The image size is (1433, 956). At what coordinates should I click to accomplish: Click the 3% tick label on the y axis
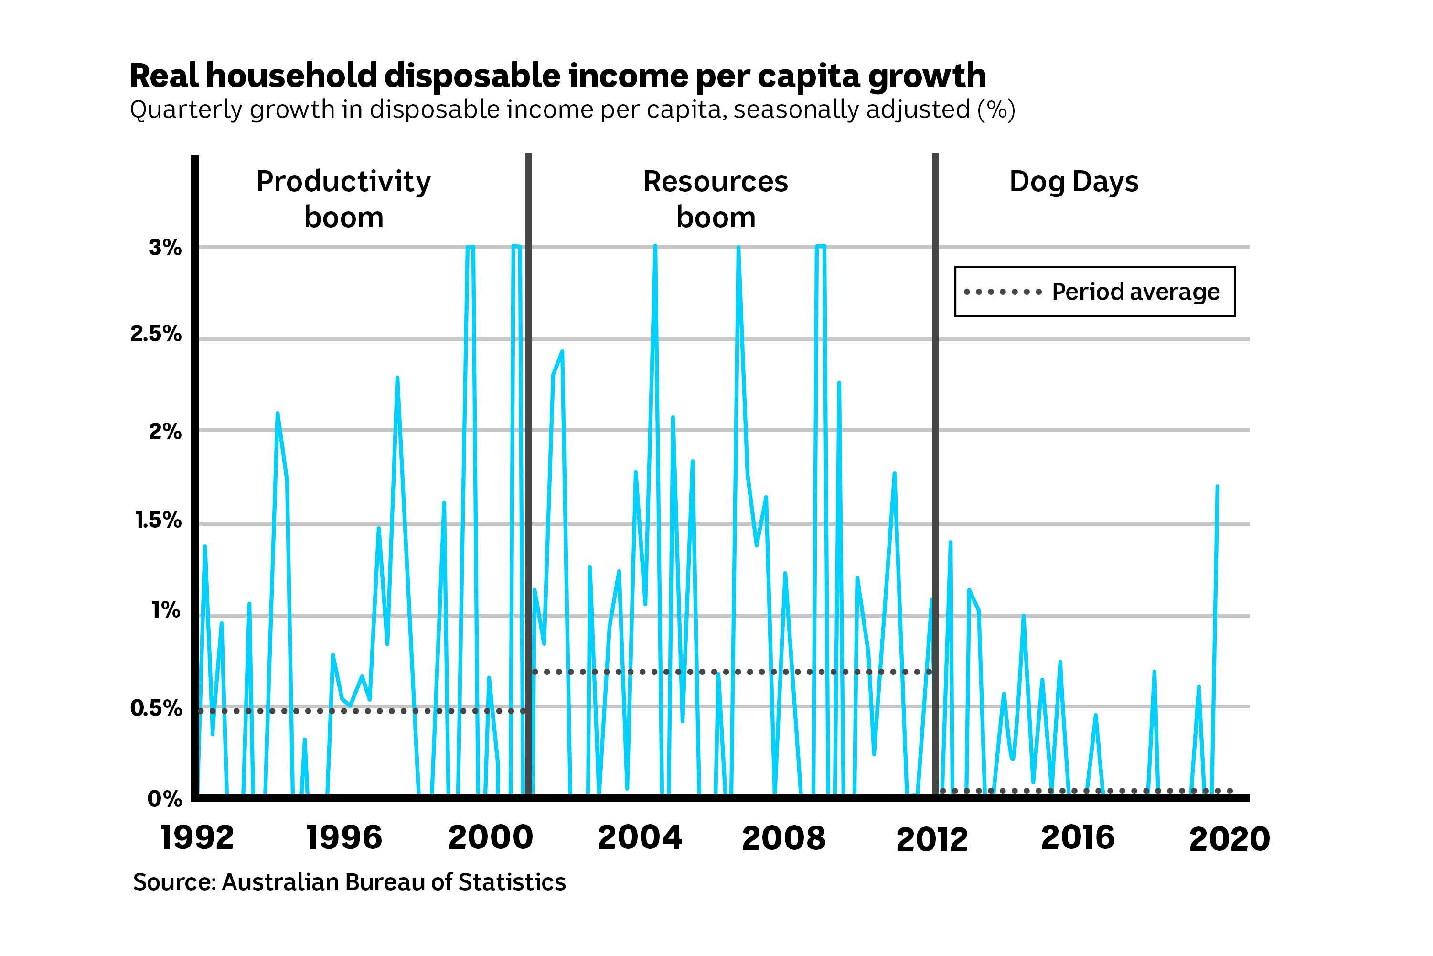[164, 248]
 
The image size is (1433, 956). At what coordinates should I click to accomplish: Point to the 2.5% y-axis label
[156, 334]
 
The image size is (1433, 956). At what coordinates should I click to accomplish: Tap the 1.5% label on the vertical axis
[158, 520]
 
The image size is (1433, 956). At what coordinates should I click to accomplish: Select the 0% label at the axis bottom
[164, 798]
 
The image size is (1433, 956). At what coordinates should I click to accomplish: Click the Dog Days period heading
[1073, 182]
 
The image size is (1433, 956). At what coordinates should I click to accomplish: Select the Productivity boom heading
[343, 199]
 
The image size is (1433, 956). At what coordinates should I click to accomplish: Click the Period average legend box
[1094, 292]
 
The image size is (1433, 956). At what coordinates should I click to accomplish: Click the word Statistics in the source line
[512, 882]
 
